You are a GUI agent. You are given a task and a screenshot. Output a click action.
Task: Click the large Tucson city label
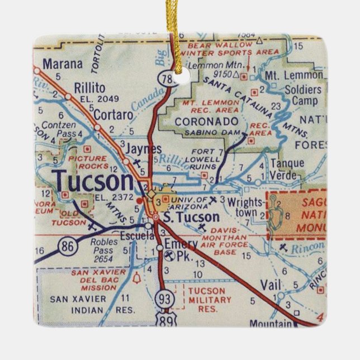coord(94,181)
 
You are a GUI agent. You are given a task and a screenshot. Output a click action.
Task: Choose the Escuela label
coord(119,236)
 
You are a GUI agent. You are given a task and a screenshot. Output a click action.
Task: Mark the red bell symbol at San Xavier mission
coord(135,278)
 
